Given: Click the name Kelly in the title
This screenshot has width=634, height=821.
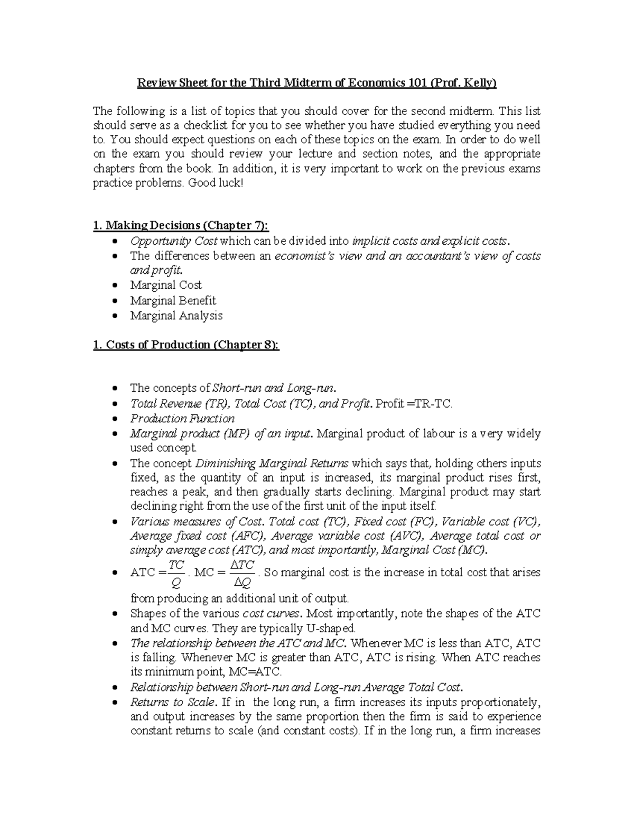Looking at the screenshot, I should point(479,83).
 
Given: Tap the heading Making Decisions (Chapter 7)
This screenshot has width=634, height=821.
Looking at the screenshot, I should point(180,226).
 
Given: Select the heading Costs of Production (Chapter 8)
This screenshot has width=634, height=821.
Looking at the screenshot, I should point(185,345).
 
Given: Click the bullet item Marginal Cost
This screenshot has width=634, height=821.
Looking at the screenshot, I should point(166,285).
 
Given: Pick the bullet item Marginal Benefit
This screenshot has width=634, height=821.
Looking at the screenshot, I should point(173,300).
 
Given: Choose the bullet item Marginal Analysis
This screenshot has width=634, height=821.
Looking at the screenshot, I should point(176,316).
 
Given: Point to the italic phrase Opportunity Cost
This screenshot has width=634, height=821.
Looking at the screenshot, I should point(174,241).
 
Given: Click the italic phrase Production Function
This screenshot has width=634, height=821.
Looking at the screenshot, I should point(182,419).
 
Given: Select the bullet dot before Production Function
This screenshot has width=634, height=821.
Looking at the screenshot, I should point(116,419).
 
